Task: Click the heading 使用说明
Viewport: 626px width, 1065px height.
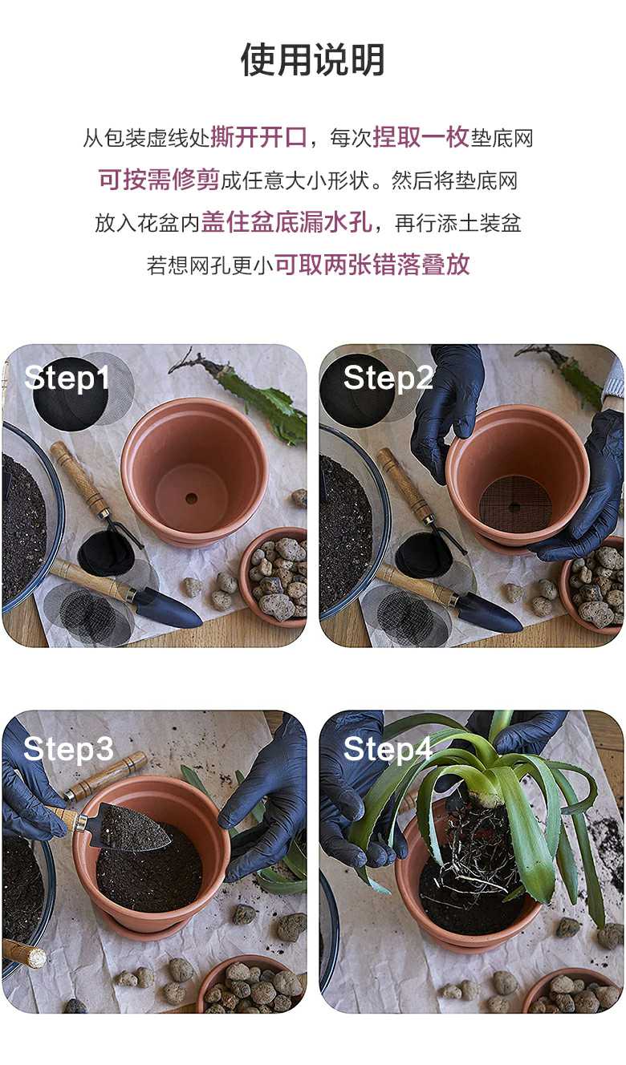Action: pyautogui.click(x=312, y=60)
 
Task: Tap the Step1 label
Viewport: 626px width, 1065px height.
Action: pyautogui.click(x=67, y=379)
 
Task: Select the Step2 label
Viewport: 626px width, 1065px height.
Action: pyautogui.click(x=388, y=379)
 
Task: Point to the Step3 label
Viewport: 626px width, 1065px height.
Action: pyautogui.click(x=68, y=749)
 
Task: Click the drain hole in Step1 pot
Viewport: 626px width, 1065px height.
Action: pyautogui.click(x=191, y=498)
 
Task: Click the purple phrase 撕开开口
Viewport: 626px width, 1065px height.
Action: pyautogui.click(x=258, y=138)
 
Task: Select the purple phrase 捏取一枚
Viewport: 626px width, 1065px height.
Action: pyautogui.click(x=421, y=138)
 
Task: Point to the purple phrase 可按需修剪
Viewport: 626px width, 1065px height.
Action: pyautogui.click(x=159, y=180)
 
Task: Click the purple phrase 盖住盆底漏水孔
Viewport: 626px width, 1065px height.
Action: pyautogui.click(x=287, y=222)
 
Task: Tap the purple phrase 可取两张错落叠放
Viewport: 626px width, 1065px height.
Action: pyautogui.click(x=372, y=265)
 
